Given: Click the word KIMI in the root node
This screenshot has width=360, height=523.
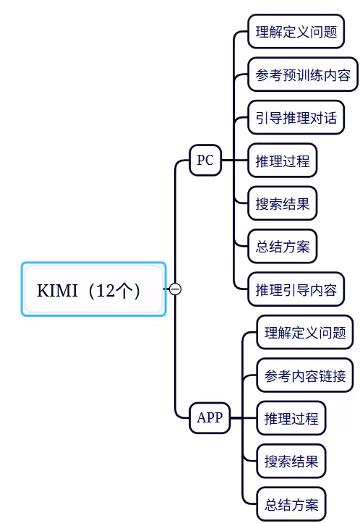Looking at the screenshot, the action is pos(57,290).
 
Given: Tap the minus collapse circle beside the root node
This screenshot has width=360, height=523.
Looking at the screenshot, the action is pos(176,289).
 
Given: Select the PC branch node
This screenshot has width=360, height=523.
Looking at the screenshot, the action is pos(205,160).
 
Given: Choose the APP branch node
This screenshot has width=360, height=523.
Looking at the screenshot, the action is pos(210,417).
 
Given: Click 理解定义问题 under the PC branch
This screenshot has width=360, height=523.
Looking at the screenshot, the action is pos(296,32).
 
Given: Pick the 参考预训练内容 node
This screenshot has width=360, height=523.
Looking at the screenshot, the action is pos(303,75).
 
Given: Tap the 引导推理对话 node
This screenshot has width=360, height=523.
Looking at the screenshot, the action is pos(296,118).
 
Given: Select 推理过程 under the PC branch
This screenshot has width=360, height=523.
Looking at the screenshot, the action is pos(283,161).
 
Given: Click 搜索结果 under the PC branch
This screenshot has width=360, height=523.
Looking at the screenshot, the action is pos(283,203).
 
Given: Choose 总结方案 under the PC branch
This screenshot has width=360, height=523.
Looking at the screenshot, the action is pos(283,247).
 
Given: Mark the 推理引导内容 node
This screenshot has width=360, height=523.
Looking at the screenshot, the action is pos(296,289).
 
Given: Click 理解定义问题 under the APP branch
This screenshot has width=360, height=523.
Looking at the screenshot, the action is pos(305,333).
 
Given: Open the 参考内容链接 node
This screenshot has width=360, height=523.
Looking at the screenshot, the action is pos(305,375).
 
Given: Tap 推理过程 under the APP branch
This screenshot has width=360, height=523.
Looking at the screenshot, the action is pos(291,419).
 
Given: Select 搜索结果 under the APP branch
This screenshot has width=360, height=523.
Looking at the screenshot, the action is pos(291,462).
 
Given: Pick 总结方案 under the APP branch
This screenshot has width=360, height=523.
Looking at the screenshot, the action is pos(291,504).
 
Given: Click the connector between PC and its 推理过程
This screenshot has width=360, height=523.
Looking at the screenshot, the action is pos(235,161).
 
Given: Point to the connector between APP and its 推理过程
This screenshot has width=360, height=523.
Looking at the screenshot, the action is pos(244,418).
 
